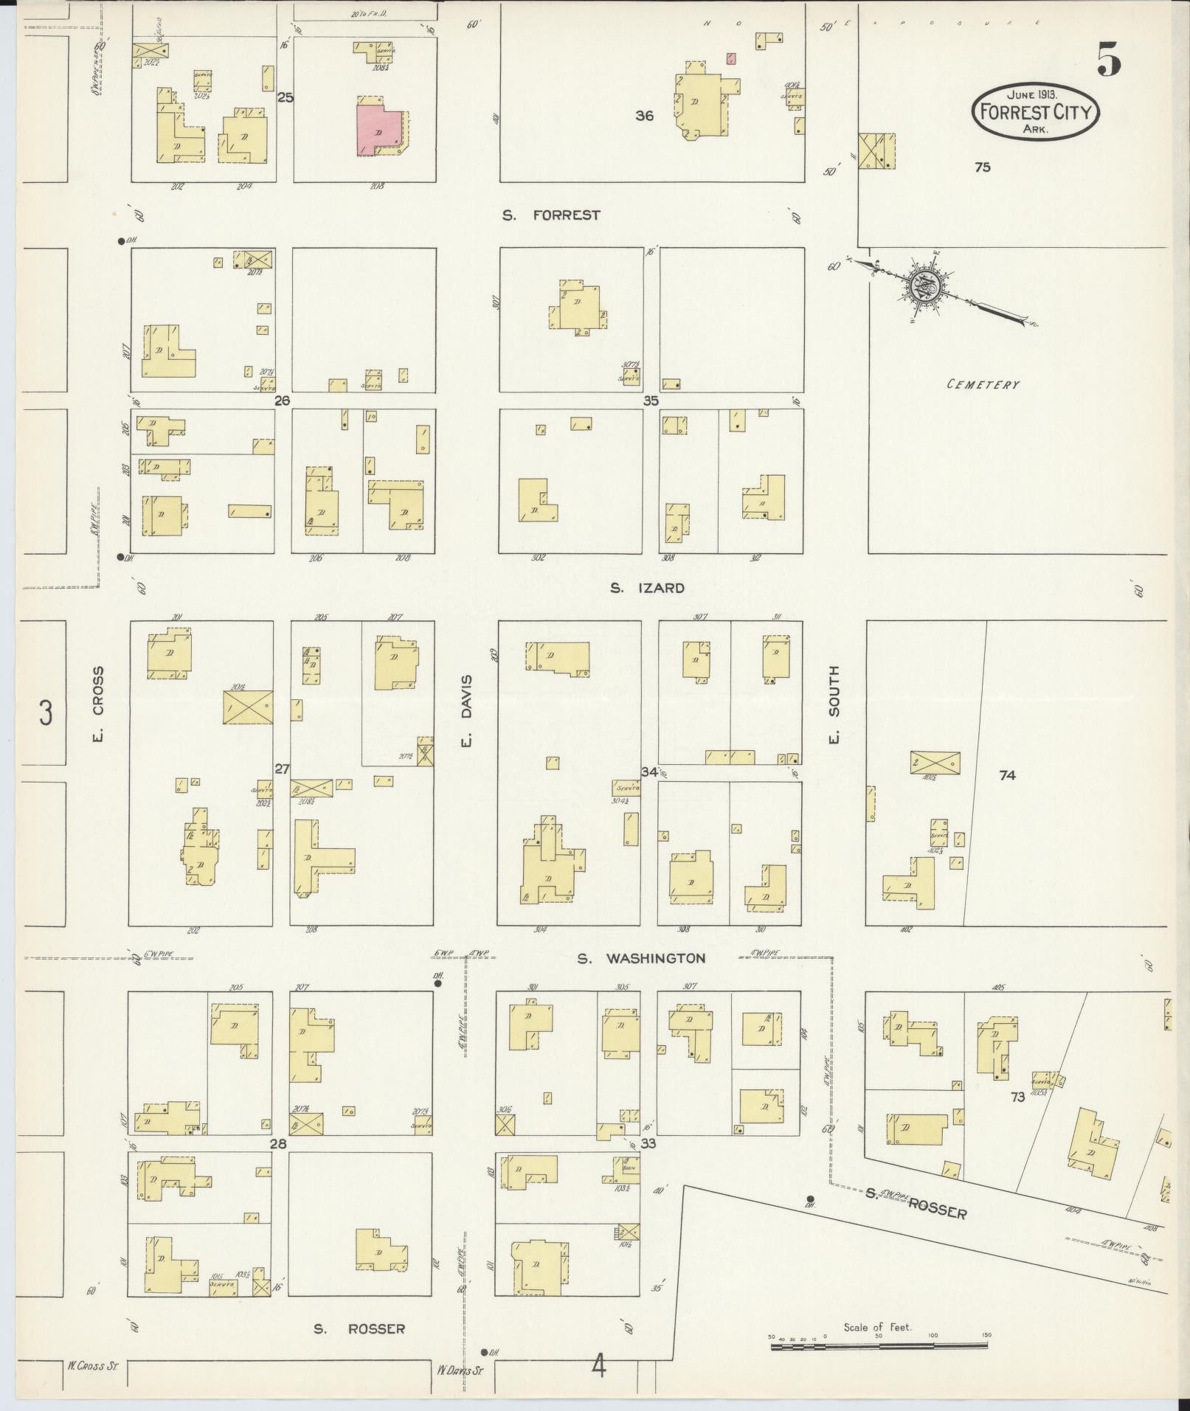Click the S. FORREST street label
coord(550,215)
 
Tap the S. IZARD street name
coord(647,588)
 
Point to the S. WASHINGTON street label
coord(641,959)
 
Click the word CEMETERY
coord(983,384)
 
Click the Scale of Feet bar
coord(878,1345)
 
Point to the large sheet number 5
coord(1108,59)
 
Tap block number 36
coord(644,116)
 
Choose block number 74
coord(1007,775)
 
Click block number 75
coord(982,167)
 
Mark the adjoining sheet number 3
coord(46,714)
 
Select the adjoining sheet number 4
coord(598,1367)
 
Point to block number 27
coord(282,769)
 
